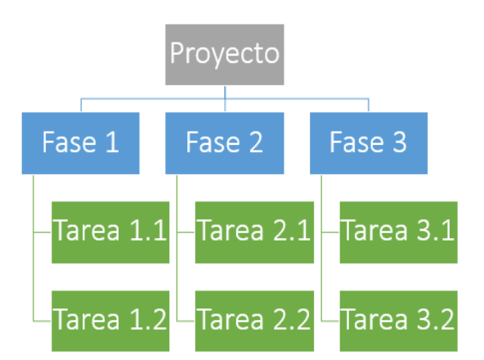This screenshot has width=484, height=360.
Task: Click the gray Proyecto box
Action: point(224,54)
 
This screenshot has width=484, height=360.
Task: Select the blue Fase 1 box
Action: point(81,143)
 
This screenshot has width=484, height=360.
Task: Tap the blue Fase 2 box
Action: point(224,143)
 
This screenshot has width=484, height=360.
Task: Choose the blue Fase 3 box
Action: point(369,143)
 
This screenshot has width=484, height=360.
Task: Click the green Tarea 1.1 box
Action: point(110,232)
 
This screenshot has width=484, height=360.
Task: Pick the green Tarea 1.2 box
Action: point(110,321)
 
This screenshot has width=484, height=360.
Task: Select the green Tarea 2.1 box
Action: point(254,232)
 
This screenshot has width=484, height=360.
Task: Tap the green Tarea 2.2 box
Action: point(254,321)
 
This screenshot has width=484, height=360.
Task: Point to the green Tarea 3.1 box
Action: point(398,232)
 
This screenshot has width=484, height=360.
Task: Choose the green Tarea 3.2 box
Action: point(398,321)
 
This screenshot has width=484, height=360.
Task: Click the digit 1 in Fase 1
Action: point(113,142)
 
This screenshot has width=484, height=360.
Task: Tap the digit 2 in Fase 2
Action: point(256,142)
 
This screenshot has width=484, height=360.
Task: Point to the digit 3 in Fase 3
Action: point(400,142)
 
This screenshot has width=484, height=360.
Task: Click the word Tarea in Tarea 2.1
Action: point(231,230)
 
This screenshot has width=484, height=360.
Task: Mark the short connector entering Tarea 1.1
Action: point(43,232)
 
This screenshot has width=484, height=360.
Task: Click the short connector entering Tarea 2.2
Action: point(186,322)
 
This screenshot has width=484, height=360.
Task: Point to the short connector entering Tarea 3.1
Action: point(330,232)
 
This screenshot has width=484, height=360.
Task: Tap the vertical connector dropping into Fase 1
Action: point(81,105)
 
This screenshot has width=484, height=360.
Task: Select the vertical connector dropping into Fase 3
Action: point(369,105)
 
